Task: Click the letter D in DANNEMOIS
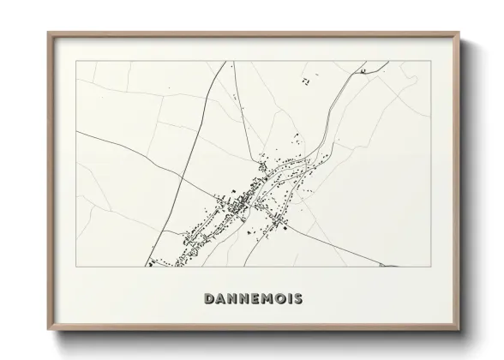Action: (210, 299)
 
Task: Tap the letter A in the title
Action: (221, 299)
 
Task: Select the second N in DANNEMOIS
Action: (246, 299)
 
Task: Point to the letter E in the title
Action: (258, 299)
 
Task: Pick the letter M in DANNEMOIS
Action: (271, 299)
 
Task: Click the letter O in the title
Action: (285, 299)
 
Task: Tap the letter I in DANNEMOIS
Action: (294, 299)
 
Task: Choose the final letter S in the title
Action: (303, 299)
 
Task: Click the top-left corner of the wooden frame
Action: (48, 33)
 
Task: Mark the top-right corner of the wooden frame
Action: (459, 33)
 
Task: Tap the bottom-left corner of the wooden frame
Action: (48, 327)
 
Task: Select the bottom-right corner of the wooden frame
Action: (459, 327)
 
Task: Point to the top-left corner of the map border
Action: (76, 61)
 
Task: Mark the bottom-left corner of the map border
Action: (76, 267)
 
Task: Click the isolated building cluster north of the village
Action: (305, 81)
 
